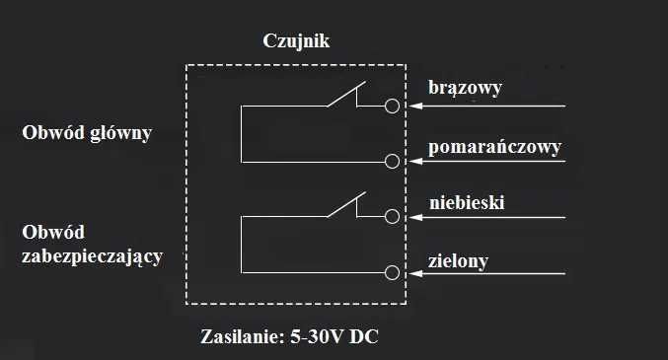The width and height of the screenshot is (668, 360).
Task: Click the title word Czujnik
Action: click(295, 41)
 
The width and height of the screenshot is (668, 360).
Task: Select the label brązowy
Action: click(466, 88)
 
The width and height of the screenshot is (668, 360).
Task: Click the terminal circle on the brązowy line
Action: click(393, 106)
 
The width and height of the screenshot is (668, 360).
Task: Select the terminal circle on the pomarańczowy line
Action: click(393, 162)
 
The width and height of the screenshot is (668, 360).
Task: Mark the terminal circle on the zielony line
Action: click(393, 272)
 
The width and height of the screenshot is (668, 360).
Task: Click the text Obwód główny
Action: click(87, 132)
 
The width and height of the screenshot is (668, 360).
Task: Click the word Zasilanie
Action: click(241, 335)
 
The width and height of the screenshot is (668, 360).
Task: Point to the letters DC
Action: click(364, 335)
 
